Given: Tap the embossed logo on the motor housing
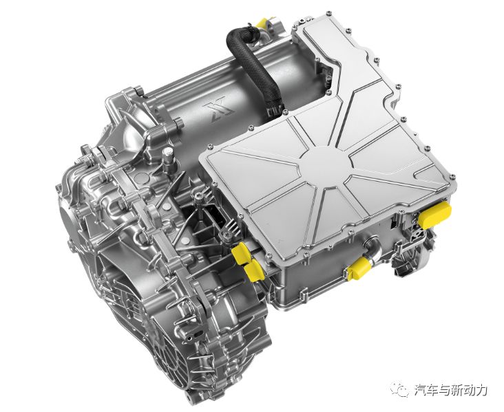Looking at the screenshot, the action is (222, 110).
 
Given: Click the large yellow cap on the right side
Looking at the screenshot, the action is (434, 215).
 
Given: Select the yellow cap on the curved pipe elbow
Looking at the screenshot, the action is (359, 270).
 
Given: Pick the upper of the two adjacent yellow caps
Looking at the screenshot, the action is (242, 253).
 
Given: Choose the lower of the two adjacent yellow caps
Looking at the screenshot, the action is (254, 271).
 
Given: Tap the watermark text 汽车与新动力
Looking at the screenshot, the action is (451, 390).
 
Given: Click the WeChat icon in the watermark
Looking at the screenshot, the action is (399, 389).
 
